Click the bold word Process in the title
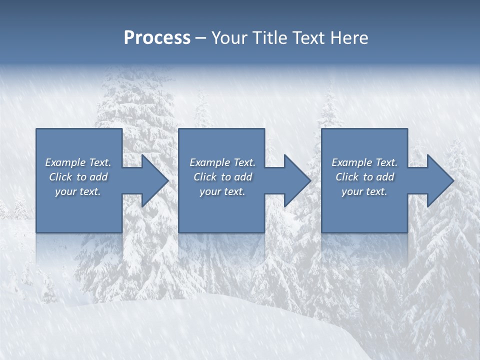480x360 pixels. (157, 38)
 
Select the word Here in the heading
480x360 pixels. (348, 38)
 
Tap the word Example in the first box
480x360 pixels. (65, 162)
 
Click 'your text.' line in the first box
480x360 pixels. (78, 191)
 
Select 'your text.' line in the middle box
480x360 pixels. (222, 191)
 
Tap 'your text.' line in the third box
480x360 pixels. (364, 191)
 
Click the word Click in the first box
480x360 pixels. (60, 177)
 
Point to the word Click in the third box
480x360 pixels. (347, 177)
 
